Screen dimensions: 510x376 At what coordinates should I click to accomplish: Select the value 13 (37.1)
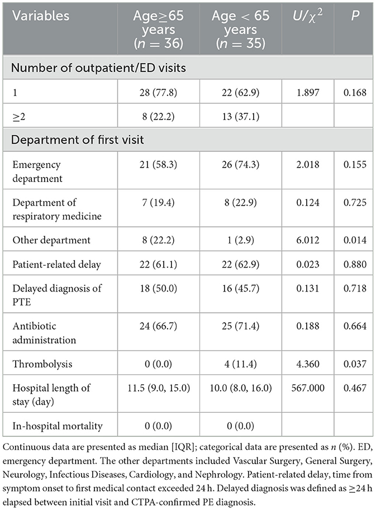[242, 116]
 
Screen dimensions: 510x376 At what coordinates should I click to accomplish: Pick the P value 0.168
[355, 93]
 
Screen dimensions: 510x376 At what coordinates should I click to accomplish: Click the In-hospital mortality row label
[58, 426]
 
